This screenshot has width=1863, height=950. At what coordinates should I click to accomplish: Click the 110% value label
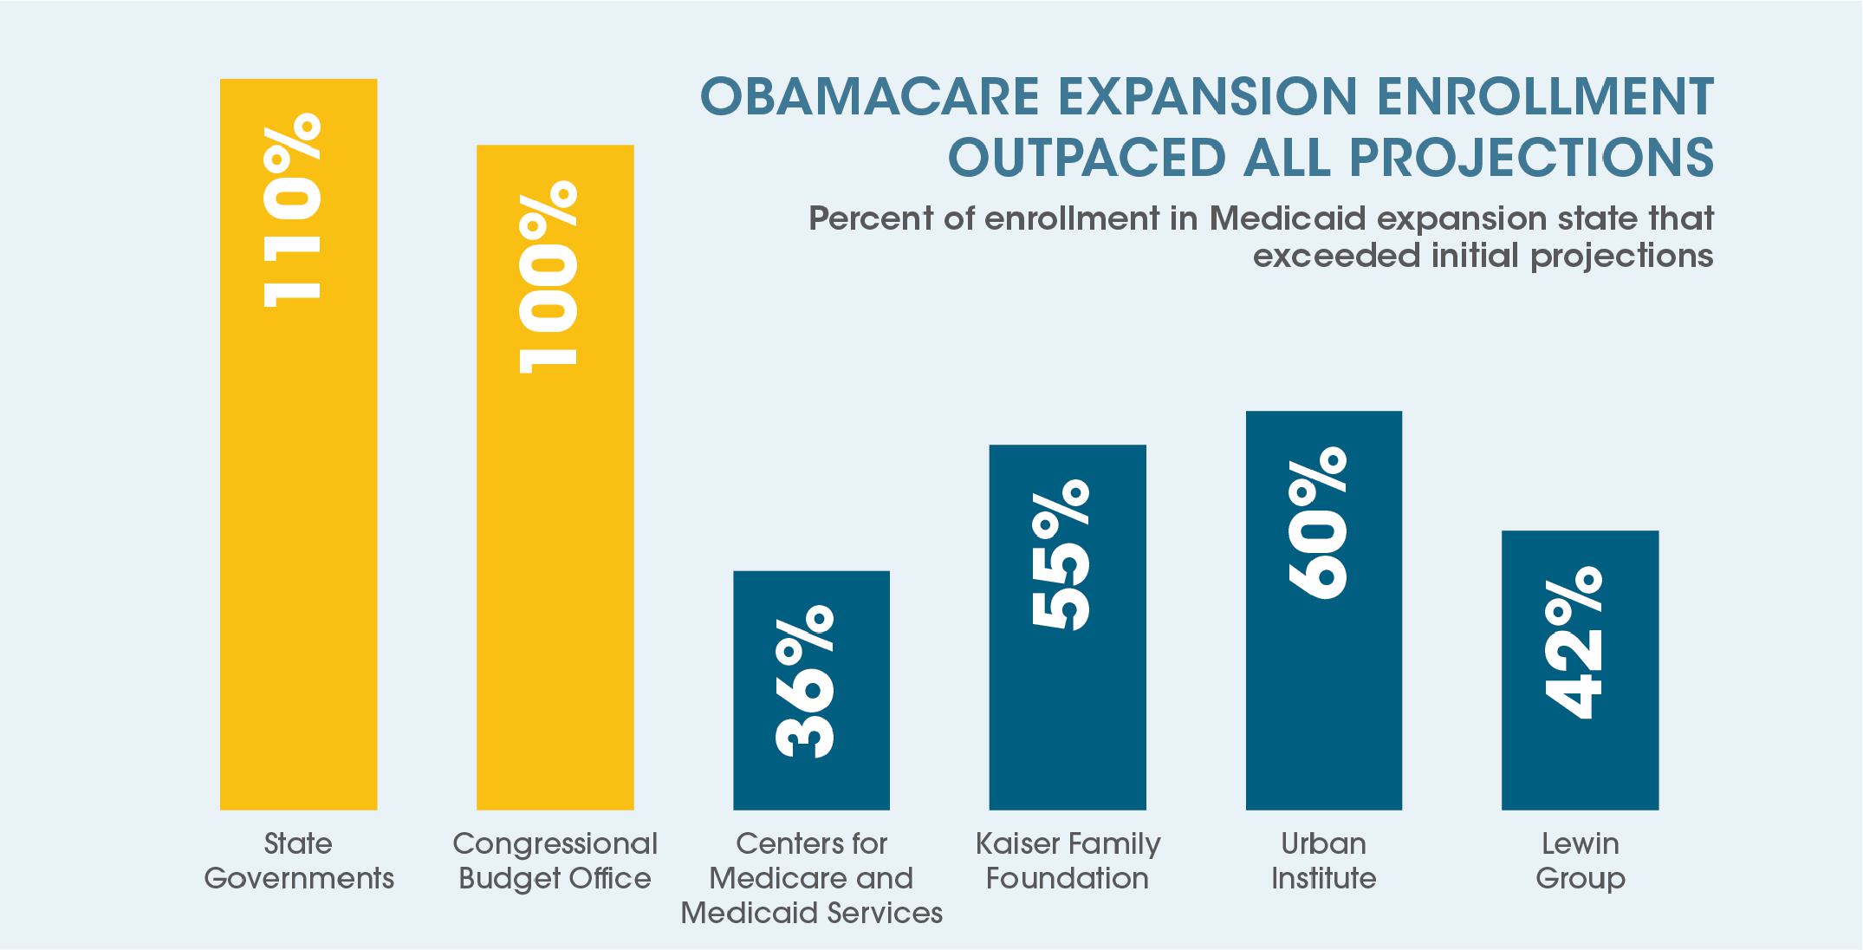pyautogui.click(x=293, y=211)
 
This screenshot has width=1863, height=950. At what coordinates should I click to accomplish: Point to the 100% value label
pyautogui.click(x=549, y=277)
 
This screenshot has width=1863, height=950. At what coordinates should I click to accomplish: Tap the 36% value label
pyautogui.click(x=805, y=682)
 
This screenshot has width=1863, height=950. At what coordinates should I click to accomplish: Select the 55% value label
pyautogui.click(x=1061, y=555)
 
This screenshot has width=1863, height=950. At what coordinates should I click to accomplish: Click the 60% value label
pyautogui.click(x=1318, y=523)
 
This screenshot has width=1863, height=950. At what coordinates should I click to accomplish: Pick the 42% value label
pyautogui.click(x=1574, y=643)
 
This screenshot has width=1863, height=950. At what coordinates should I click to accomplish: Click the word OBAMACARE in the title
pyautogui.click(x=869, y=96)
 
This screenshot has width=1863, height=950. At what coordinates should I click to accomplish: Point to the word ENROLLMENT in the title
pyautogui.click(x=1544, y=96)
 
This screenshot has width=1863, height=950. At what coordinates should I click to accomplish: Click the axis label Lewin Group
pyautogui.click(x=1580, y=861)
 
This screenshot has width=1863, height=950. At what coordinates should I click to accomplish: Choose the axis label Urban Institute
pyautogui.click(x=1323, y=861)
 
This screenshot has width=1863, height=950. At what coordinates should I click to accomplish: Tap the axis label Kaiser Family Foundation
pyautogui.click(x=1068, y=861)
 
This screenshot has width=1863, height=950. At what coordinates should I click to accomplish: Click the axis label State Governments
pyautogui.click(x=298, y=861)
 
